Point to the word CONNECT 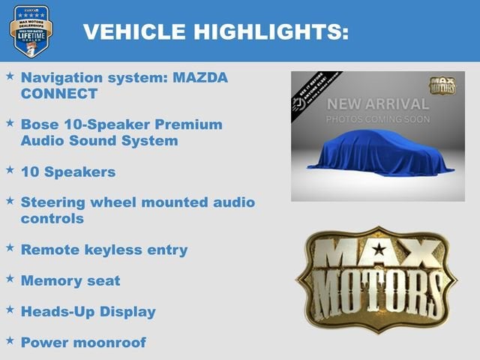coord(59,94)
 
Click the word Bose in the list coord(41,124)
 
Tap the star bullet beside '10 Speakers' coord(10,170)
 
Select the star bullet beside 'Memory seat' coord(10,280)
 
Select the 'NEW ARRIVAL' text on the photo coord(378,103)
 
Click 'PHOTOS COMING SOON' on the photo coord(378,119)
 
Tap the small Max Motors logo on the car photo coord(442,84)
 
